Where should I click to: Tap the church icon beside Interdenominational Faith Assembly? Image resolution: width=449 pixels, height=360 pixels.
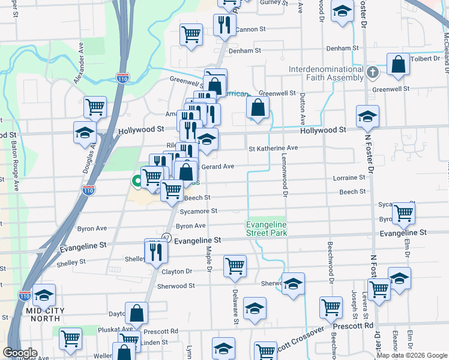tap(373, 73)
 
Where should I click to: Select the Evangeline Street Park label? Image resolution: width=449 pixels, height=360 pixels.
tap(267, 229)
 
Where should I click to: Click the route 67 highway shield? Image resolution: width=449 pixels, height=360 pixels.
tap(166, 238)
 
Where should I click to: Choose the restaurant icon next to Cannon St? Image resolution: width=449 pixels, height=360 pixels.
tap(221, 25)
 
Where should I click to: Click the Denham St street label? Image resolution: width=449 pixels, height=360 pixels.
tap(342, 48)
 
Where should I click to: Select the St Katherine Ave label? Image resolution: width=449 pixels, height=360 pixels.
tap(273, 148)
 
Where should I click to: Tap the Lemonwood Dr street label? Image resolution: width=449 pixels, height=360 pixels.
tap(286, 179)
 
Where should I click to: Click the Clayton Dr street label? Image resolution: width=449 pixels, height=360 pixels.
tap(176, 272)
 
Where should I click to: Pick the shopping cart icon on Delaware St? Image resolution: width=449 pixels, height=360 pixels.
tap(235, 266)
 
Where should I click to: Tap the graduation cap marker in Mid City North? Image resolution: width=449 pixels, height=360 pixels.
tap(44, 296)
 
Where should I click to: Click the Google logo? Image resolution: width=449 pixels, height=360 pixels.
tap(20, 353)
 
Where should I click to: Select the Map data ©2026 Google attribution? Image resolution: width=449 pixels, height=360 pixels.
tap(412, 355)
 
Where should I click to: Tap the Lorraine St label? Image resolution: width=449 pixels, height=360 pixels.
tap(349, 178)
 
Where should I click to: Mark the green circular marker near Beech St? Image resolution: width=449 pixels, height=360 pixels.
tap(137, 181)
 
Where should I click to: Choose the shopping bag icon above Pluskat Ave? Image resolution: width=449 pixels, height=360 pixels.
tap(136, 313)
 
